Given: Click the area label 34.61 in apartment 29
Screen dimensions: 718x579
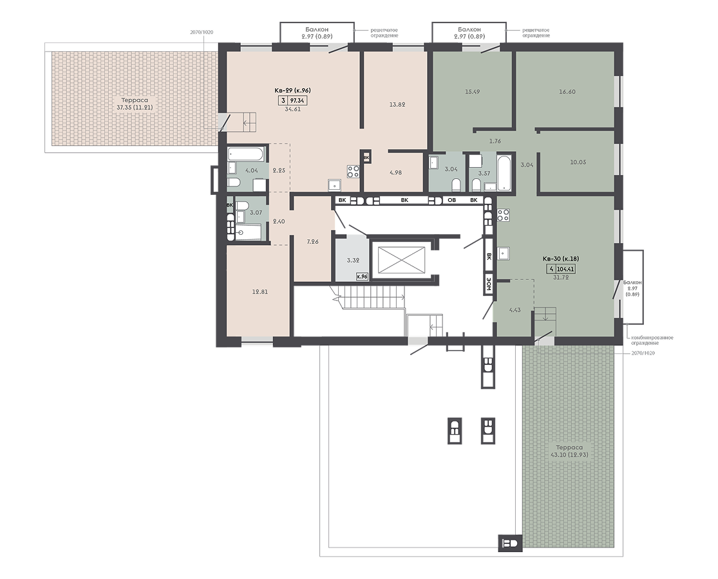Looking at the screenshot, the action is [x=292, y=109].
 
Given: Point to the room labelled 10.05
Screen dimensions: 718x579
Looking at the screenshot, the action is [x=578, y=161].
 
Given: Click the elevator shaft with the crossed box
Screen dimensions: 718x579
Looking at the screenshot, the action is [x=399, y=260].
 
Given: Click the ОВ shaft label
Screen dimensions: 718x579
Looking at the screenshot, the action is [x=451, y=200].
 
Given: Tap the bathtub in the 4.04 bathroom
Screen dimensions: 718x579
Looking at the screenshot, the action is [x=247, y=154].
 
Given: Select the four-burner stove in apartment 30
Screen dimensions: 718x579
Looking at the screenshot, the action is [x=504, y=215].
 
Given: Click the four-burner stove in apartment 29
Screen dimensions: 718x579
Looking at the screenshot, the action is [x=354, y=171].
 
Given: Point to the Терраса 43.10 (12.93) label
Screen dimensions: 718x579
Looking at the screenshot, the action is [x=570, y=451].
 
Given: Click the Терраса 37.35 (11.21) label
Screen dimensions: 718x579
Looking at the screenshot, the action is [x=135, y=104].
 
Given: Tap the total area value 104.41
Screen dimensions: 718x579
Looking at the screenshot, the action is [x=565, y=270].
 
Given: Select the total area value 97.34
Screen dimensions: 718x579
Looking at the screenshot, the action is [x=298, y=100].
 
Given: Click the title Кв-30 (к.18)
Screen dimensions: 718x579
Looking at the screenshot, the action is [x=560, y=259].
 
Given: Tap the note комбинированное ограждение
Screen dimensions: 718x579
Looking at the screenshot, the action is [x=652, y=340].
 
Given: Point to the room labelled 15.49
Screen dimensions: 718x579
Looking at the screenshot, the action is [x=472, y=91].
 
